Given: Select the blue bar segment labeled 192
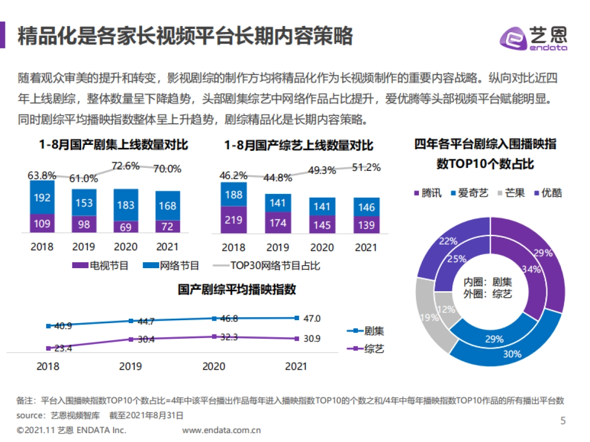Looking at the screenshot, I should click(x=42, y=197).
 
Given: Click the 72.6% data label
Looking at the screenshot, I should click(x=125, y=166).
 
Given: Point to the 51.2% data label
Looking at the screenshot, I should click(x=366, y=167).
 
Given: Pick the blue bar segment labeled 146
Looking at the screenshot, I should click(x=366, y=207).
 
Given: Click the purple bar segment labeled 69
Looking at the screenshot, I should click(x=125, y=226).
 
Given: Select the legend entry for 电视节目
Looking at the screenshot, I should click(x=100, y=266).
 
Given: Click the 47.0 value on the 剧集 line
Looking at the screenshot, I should click(x=311, y=318).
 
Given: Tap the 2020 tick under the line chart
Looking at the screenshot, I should click(x=214, y=366).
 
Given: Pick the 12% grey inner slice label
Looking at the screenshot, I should click(x=446, y=310).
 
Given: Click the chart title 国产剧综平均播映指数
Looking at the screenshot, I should click(x=237, y=290).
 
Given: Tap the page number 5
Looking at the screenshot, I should click(x=563, y=421).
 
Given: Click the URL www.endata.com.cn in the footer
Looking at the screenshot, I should click(x=221, y=431).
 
